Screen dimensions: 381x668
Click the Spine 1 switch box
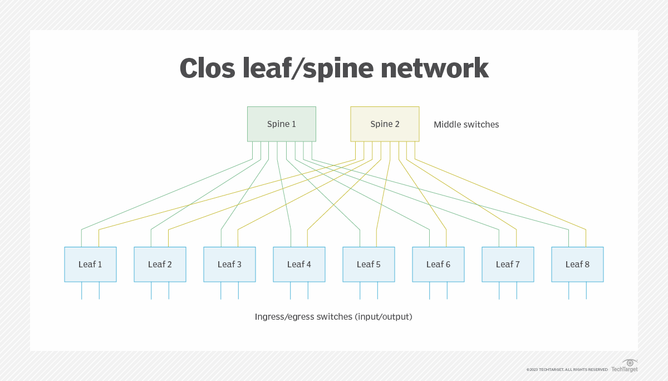point(281,124)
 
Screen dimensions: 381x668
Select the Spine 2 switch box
point(385,124)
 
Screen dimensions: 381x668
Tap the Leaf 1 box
point(90,264)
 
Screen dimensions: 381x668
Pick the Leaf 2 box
point(160,264)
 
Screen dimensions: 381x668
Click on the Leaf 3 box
point(229,264)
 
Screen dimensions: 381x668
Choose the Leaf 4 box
point(299,264)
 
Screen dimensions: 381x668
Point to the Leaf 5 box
point(369,264)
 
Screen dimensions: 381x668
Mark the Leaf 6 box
point(438,264)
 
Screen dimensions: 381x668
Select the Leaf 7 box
point(508,264)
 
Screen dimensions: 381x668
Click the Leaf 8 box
point(577,264)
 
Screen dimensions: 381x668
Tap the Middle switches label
point(466,124)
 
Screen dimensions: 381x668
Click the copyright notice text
point(567,369)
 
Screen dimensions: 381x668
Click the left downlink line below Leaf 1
point(82,291)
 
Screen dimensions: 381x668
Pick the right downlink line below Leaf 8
point(586,291)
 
